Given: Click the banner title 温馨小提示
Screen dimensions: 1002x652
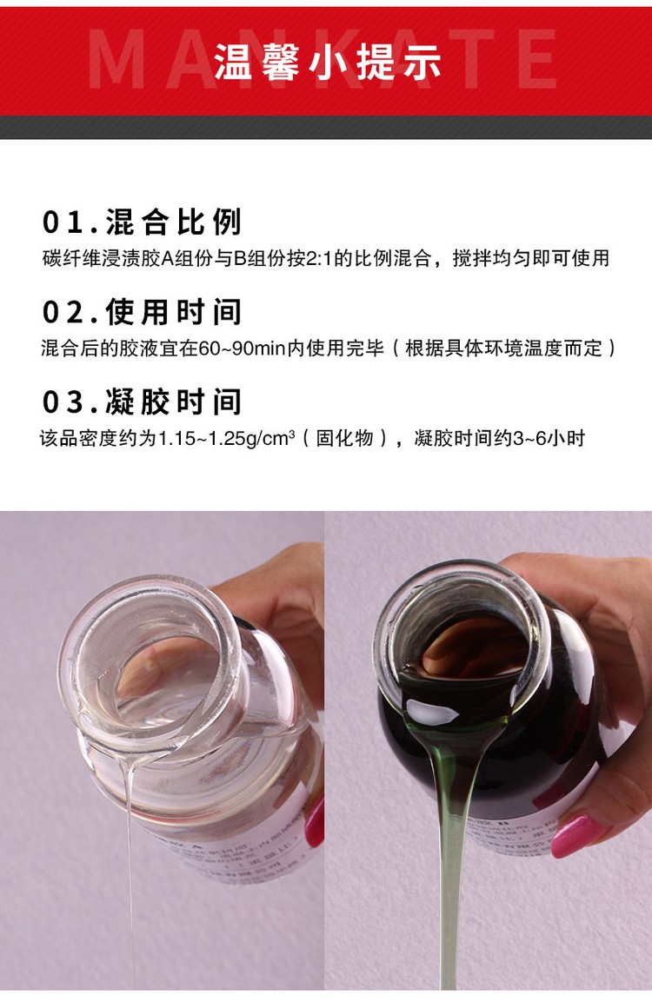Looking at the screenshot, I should click(x=328, y=64).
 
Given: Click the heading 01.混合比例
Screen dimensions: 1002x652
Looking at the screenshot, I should click(x=142, y=222).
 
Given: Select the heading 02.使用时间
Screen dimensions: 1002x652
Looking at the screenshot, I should click(x=142, y=312).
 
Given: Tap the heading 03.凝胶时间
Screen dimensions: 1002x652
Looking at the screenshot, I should click(x=142, y=401).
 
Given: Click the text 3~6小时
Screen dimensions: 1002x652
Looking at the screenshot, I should click(x=549, y=438).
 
